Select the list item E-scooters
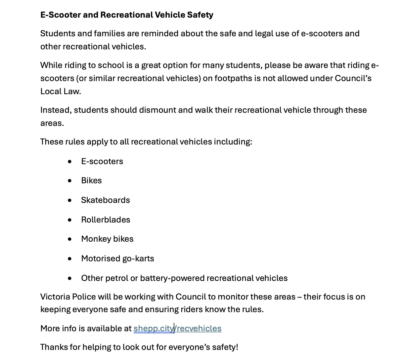coord(102,161)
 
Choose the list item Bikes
coord(91,180)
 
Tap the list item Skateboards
coord(105,200)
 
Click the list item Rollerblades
coord(106,220)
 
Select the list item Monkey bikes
coord(107,239)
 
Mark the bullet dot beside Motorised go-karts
coord(69,259)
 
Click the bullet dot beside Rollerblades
coord(69,220)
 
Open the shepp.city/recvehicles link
coord(177,328)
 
